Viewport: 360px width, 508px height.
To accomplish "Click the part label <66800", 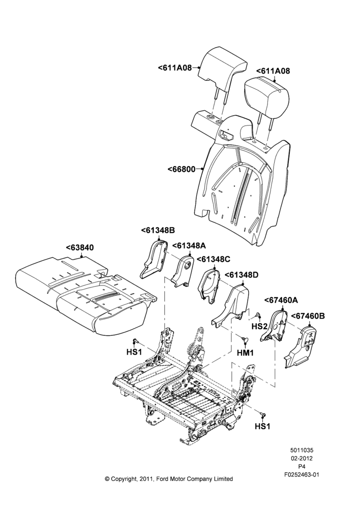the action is click(x=182, y=169).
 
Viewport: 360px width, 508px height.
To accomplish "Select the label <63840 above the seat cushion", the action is click(x=80, y=248).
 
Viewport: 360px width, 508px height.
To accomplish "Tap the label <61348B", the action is click(x=158, y=230).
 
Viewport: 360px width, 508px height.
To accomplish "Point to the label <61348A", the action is click(x=189, y=246).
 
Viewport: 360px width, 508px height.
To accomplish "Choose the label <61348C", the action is click(x=214, y=259).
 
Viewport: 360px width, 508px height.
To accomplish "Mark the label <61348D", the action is click(x=242, y=275).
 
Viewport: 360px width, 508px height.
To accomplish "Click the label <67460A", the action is click(x=281, y=300).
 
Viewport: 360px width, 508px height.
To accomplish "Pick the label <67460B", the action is click(x=308, y=316).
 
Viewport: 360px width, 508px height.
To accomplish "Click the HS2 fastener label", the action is click(x=259, y=326).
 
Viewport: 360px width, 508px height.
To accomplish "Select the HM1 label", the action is click(x=245, y=353).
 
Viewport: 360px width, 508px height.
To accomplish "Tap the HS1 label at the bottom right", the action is click(x=262, y=426).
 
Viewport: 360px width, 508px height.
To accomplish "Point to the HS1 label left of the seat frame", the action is click(x=134, y=352).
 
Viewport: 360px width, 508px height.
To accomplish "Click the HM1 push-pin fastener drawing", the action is click(x=245, y=339).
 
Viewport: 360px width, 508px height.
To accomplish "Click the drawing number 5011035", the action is click(x=302, y=450).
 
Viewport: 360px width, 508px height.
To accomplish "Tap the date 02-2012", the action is click(x=302, y=458).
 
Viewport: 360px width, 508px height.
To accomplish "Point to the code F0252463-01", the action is click(x=302, y=474).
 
